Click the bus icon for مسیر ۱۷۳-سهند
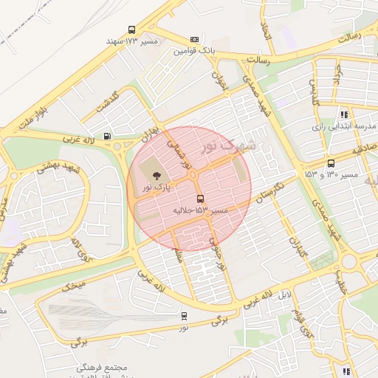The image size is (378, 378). click(132, 30)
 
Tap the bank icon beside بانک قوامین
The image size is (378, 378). click(194, 40)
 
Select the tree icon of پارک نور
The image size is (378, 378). click(156, 176)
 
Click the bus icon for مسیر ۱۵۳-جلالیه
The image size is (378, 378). click(200, 199)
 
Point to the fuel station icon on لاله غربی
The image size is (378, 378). click(109, 136)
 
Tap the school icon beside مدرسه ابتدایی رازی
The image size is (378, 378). click(344, 114)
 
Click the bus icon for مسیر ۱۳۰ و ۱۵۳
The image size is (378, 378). click(330, 163)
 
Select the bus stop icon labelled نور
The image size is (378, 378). click(184, 315)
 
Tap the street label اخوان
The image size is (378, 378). click(220, 80)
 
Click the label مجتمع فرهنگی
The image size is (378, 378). click(102, 367)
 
